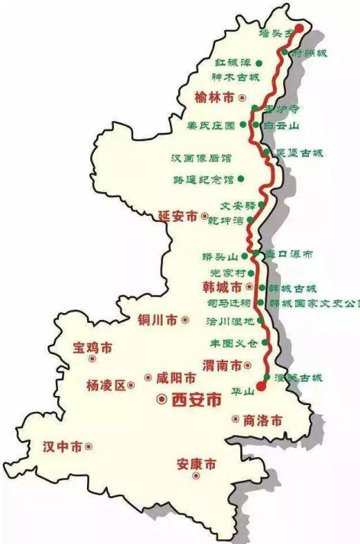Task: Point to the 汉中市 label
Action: coord(61,446)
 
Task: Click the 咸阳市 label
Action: coord(176,377)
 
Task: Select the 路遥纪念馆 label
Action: coord(204,179)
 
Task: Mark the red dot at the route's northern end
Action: coord(299,28)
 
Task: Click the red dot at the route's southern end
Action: coord(260,386)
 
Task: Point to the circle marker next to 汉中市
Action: coord(88,447)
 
